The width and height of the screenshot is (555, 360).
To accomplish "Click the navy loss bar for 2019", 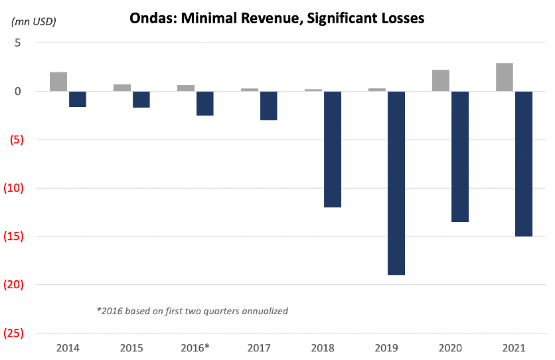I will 396,183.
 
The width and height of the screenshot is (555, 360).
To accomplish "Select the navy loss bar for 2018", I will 333,149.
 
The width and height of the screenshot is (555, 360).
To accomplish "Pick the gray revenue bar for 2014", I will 58,81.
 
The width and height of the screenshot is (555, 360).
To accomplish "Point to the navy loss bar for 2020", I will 460,156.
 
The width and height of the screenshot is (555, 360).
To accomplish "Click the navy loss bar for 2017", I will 269,106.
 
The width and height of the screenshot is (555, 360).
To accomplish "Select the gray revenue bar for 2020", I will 441,80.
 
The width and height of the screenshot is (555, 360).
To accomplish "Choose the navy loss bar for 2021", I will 523,163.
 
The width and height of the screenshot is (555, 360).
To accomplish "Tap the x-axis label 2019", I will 387,347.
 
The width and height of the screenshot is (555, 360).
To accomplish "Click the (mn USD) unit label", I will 34,21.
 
